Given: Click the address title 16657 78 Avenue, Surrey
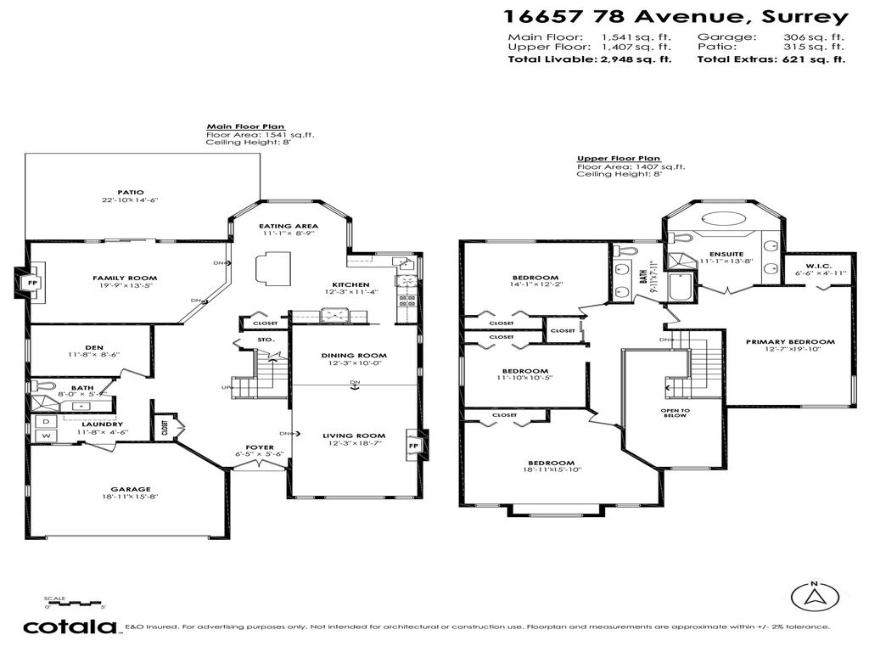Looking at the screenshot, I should (675, 16).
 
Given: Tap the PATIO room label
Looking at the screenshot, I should (130, 192).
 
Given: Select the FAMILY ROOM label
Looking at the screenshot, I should (125, 278).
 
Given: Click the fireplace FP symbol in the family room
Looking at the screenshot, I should (33, 281).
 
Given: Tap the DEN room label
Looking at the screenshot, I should (94, 347).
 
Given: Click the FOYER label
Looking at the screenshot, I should (260, 447).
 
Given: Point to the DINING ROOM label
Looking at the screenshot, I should (354, 356).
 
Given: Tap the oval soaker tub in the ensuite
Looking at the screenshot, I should (724, 218).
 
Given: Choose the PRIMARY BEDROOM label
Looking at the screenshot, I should (790, 342).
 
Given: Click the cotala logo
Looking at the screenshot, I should (70, 627).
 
